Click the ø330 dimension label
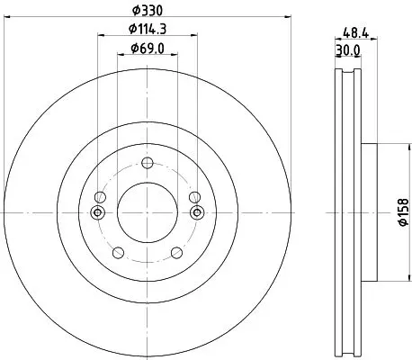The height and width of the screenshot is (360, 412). coord(148,11)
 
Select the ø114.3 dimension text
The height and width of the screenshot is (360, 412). coord(148,29)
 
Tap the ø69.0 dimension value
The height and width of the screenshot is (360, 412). coord(148,49)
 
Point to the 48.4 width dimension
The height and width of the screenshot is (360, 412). coord(355,32)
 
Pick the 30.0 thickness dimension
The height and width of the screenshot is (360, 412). coord(348,50)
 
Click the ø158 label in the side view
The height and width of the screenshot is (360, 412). coord(403,212)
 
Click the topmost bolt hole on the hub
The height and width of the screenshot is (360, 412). coord(148,163)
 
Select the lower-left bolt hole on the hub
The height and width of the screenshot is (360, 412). coord(118,253)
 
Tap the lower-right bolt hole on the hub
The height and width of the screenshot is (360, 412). coord(176,253)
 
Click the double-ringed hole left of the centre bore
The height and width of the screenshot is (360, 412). coord(97,212)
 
